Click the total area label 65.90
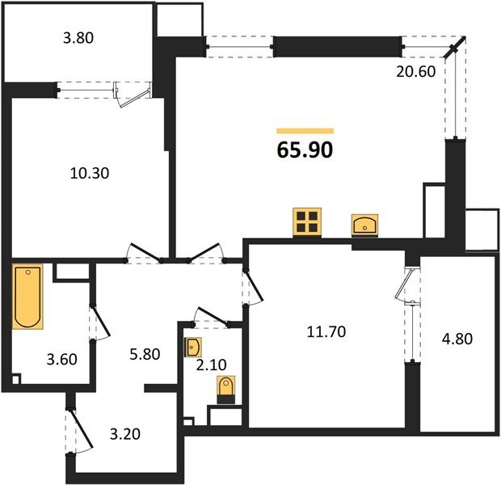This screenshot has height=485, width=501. pos(305,150)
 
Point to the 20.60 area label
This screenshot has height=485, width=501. pos(419,72)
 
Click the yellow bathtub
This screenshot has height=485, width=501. pos(27,298)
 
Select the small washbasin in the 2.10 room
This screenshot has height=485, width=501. pos(194,348)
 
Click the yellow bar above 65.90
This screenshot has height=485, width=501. pos(305,130)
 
